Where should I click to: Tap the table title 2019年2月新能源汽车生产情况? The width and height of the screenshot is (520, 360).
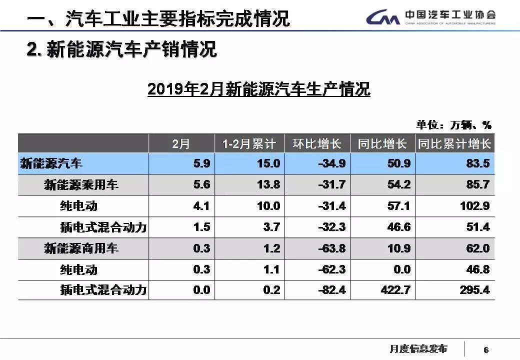[258, 89]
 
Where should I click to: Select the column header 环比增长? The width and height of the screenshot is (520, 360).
[317, 144]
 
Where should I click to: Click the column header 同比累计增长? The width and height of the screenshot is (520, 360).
[454, 144]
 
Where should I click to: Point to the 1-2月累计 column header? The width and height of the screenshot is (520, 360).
[249, 144]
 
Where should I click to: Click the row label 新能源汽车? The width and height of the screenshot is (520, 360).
[51, 163]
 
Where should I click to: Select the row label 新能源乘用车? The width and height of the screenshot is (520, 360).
[81, 185]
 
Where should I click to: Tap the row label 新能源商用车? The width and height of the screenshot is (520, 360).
[81, 248]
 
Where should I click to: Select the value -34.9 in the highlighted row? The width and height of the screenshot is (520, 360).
[331, 163]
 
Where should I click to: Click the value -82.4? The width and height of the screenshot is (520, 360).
[331, 290]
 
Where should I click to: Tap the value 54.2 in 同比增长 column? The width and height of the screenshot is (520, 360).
[399, 185]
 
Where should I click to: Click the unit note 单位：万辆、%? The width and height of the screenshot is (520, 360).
[454, 124]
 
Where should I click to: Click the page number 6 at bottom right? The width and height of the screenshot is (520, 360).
[486, 349]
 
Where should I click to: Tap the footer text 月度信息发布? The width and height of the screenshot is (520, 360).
[418, 349]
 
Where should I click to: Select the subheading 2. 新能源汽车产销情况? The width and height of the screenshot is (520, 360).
[121, 50]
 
